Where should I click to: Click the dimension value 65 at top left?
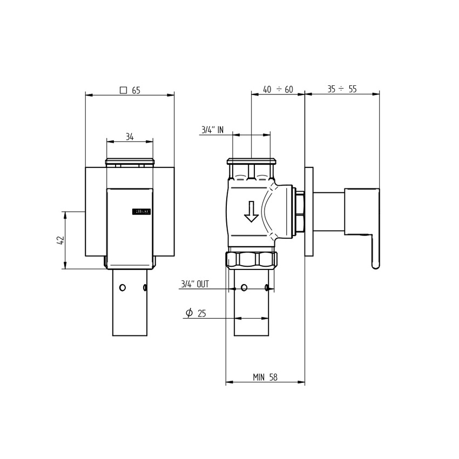coord(136,90)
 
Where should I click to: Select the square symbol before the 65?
coord(123,90)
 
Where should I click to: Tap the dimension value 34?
coord(130,137)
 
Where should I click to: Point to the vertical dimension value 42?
coord(60,240)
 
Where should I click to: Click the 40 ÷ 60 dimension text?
coord(278,90)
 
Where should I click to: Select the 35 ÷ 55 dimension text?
coord(341,89)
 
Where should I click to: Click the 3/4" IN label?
coord(212,130)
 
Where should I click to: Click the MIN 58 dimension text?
coord(265,377)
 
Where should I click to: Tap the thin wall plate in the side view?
coord(309,211)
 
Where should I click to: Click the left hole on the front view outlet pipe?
coord(123,287)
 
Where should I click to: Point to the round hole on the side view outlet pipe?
coord(244,287)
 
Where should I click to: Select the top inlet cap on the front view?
coord(130,161)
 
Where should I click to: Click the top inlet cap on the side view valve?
coord(252,161)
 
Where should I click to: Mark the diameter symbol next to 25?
coord(189,313)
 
